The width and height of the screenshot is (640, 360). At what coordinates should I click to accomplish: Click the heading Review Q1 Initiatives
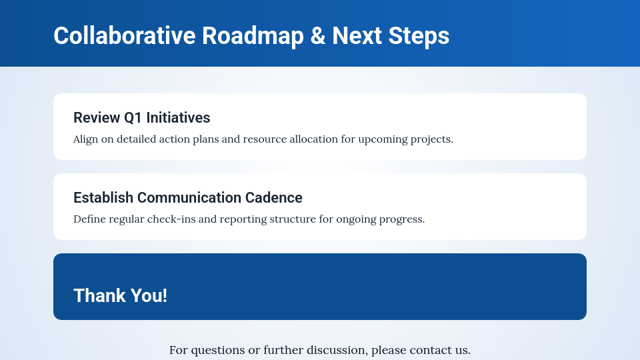tap(141, 118)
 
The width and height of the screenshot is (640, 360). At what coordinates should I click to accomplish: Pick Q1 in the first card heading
tap(133, 118)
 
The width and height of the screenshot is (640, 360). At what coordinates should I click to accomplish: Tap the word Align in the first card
tap(86, 139)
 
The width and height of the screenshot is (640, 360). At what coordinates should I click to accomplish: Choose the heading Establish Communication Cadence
tap(187, 198)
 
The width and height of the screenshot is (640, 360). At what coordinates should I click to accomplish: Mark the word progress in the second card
tap(402, 219)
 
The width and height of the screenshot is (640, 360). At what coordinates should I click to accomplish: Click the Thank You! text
tap(120, 295)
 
